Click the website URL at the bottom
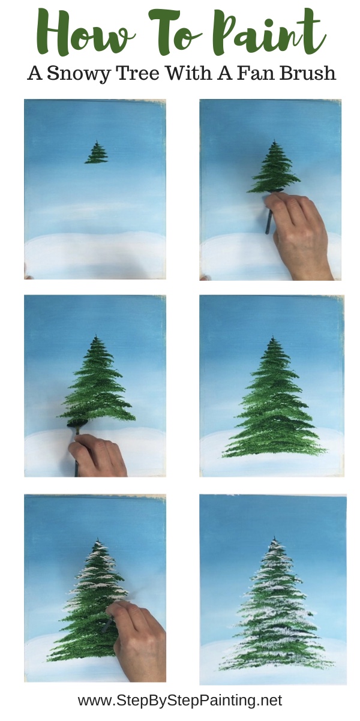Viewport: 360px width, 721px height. click(180, 700)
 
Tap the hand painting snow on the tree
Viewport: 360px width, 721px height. click(138, 636)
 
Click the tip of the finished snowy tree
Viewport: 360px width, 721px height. click(274, 538)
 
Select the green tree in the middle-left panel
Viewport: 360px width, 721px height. click(99, 384)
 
